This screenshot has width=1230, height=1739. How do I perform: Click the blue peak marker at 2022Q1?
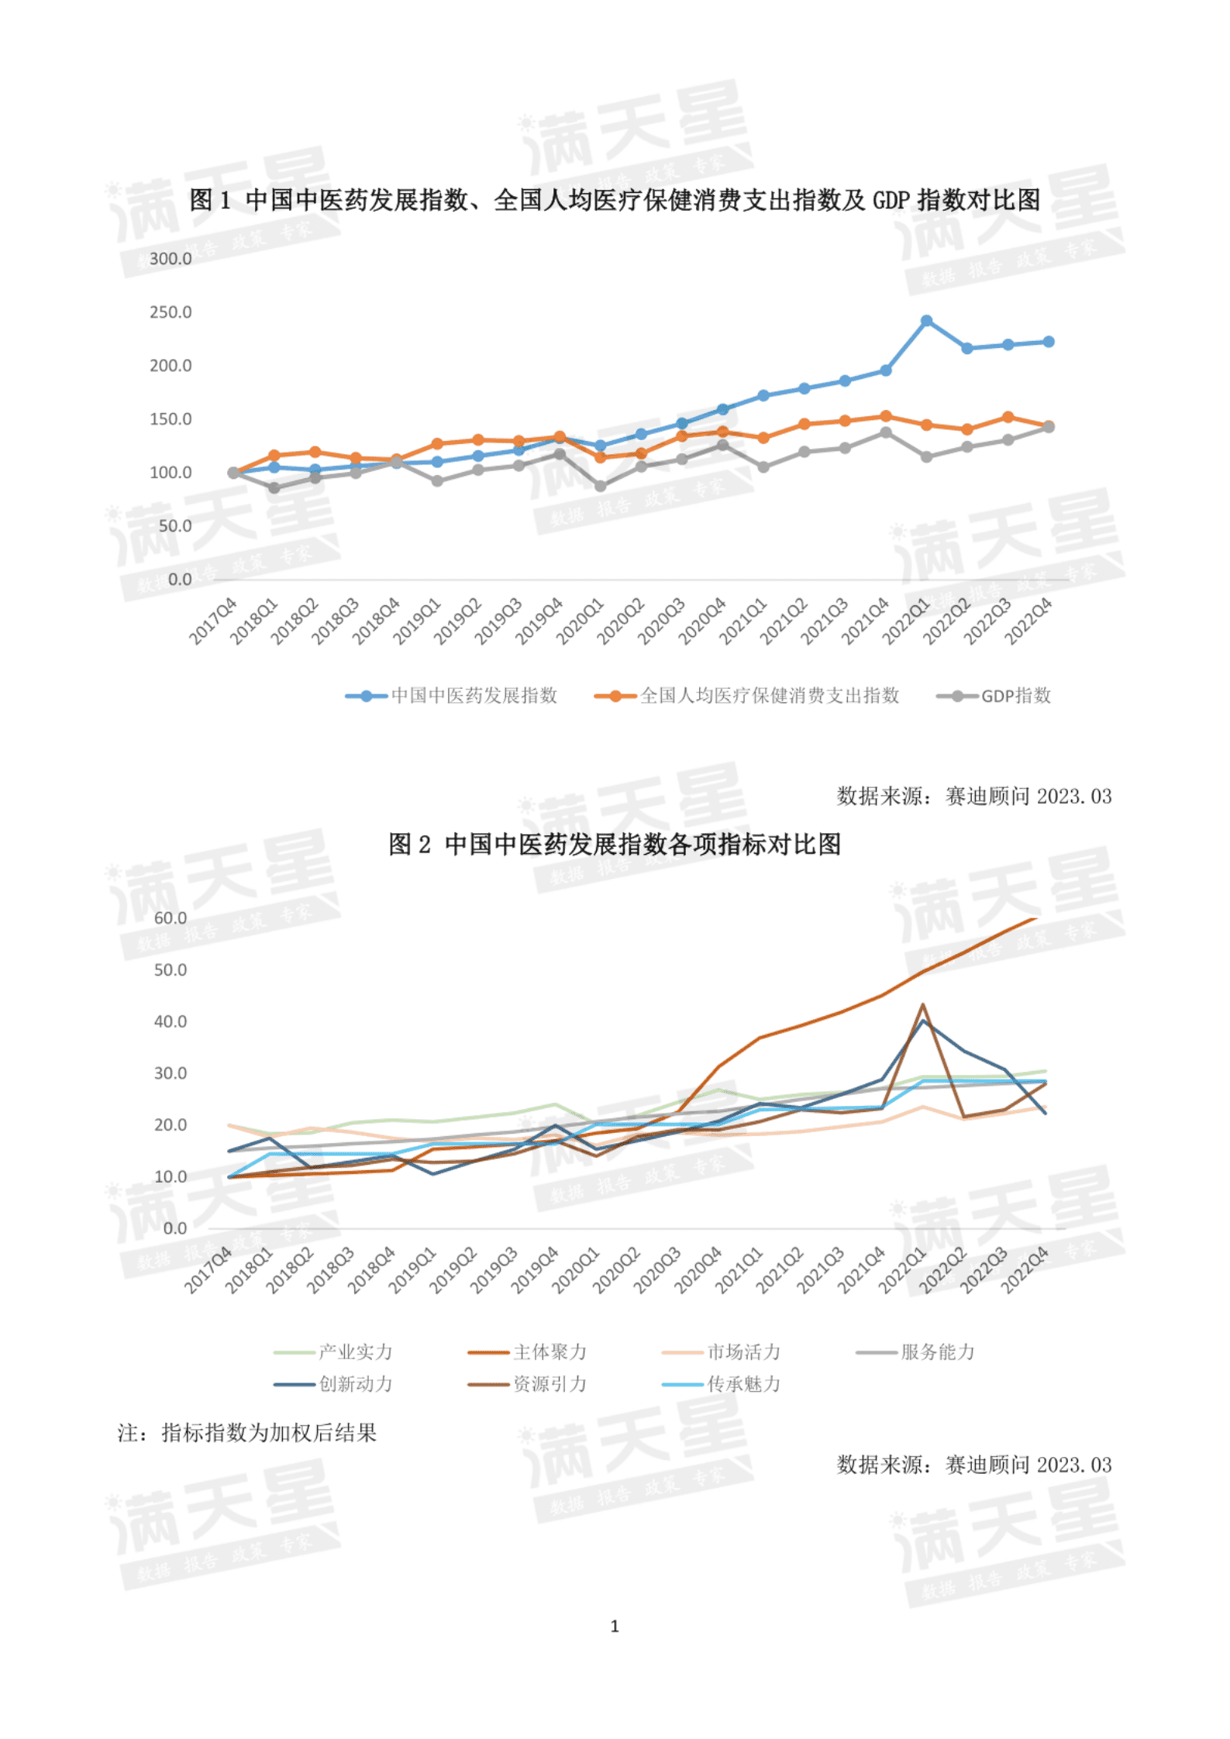coord(926,321)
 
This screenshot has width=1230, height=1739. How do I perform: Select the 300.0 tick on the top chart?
coord(171,259)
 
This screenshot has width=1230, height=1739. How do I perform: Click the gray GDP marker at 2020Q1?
coord(600,486)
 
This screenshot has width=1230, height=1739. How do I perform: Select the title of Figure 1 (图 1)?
coord(615,200)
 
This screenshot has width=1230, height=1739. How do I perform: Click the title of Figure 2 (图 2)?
coord(615,844)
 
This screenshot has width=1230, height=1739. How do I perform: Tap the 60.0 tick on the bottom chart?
coord(171,918)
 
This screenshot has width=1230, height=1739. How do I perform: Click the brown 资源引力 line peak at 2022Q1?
coord(922,1005)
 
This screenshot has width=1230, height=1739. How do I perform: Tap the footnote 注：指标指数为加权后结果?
coord(247,1433)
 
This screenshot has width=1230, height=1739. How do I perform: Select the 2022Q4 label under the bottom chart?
coord(1025,1270)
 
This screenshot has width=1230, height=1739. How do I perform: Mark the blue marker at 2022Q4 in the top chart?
coord(1049,342)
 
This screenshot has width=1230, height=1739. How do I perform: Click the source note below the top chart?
coord(973,797)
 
